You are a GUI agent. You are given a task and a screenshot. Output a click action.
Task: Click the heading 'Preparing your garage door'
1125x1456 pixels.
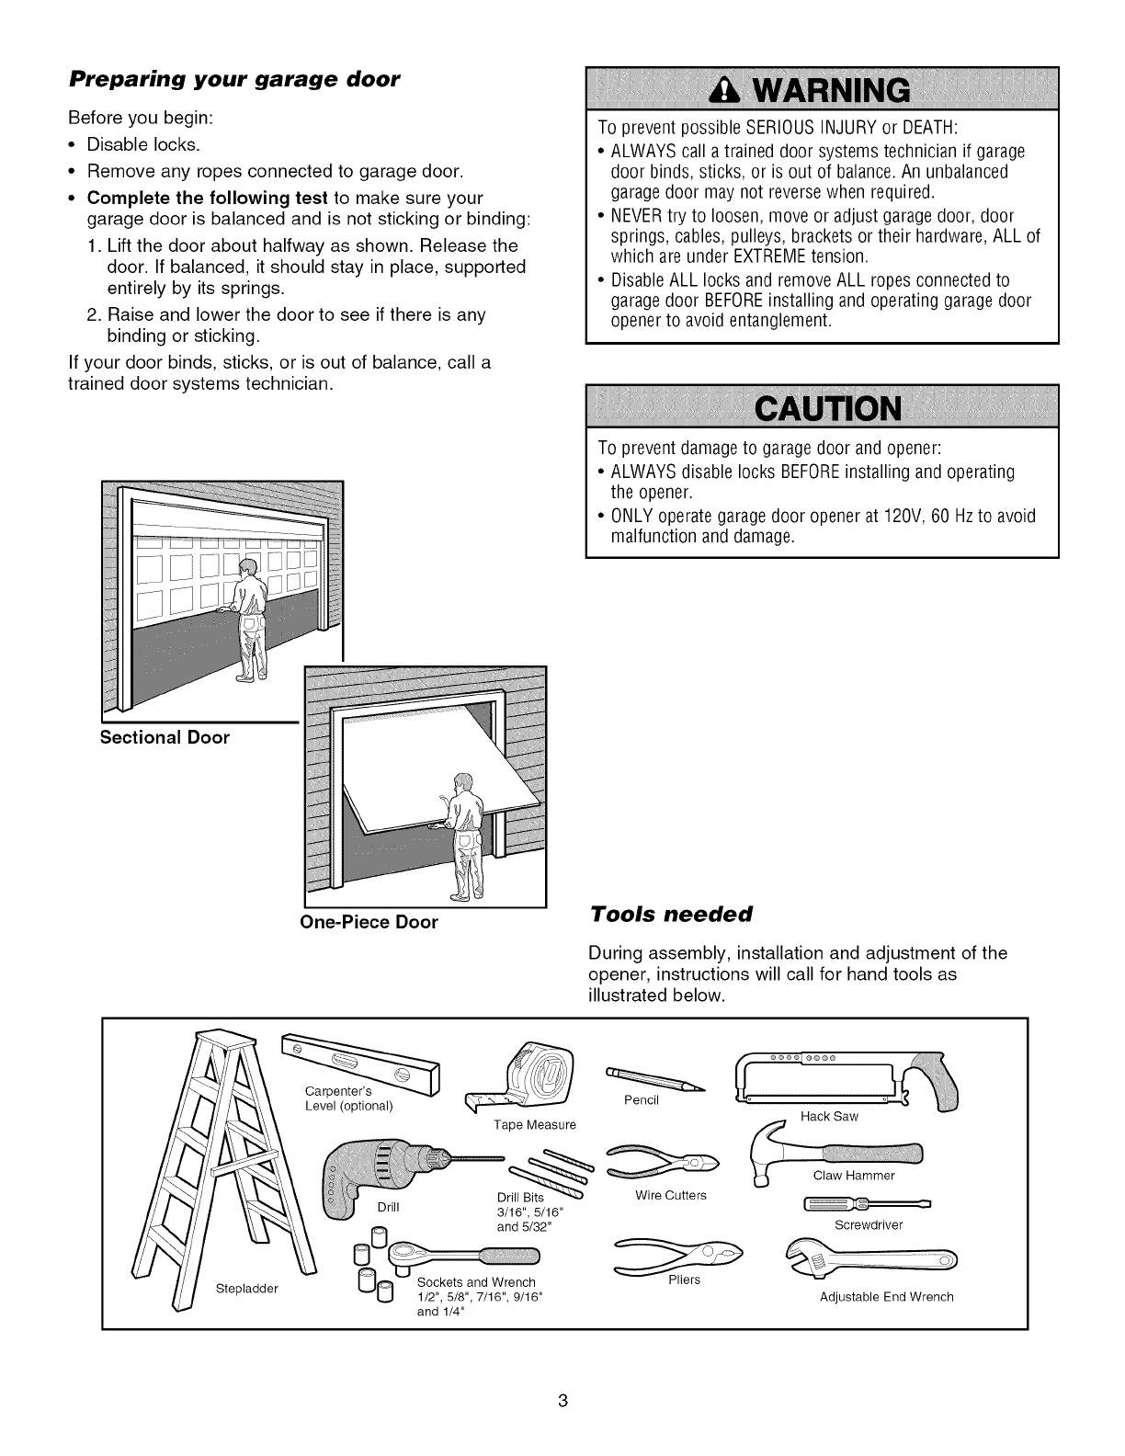[x=234, y=79]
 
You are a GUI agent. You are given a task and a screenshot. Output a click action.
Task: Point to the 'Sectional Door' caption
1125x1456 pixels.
[x=165, y=738]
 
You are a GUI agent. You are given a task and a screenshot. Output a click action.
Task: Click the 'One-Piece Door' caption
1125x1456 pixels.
[x=369, y=922]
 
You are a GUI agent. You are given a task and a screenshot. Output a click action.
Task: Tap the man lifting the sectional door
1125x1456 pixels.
[x=249, y=620]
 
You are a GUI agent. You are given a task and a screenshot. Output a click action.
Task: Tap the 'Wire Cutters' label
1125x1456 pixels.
[x=671, y=1196]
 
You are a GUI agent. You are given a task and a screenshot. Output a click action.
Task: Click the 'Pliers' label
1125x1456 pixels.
[x=684, y=1280]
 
